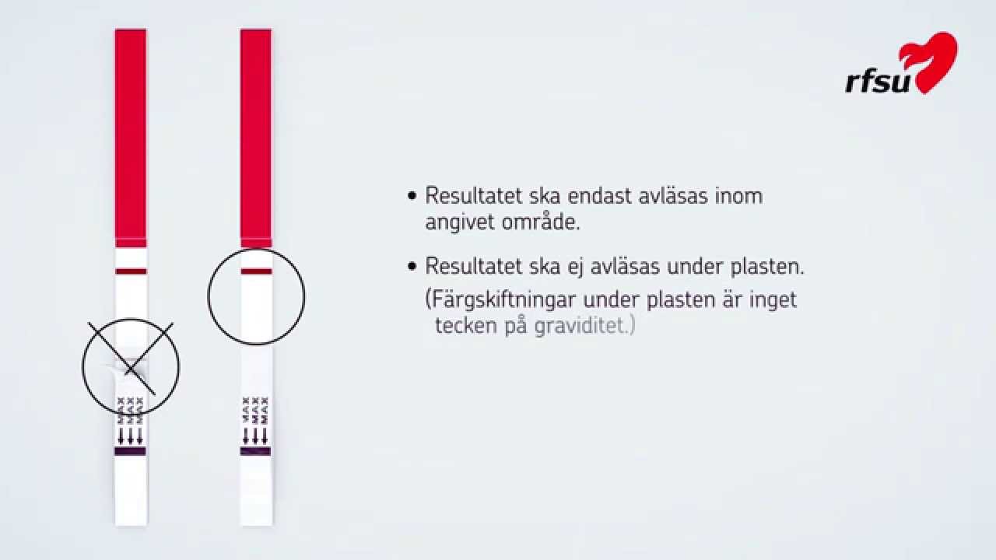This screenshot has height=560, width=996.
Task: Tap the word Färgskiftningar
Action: coord(513,299)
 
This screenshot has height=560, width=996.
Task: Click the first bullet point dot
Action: coord(412,195)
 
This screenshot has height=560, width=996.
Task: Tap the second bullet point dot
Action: coord(412,267)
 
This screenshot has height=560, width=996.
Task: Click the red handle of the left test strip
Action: coord(131,136)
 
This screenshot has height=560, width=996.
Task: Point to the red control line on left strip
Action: coord(131,271)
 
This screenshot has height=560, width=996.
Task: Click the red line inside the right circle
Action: coord(256,271)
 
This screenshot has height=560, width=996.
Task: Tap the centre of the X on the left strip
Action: coord(130,359)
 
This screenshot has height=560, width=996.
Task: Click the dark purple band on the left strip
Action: coord(130,451)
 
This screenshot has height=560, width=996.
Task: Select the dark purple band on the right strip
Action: coord(255,451)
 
